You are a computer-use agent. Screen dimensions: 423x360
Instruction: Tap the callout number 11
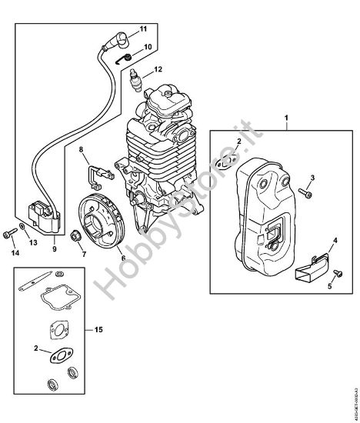(x=142, y=29)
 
